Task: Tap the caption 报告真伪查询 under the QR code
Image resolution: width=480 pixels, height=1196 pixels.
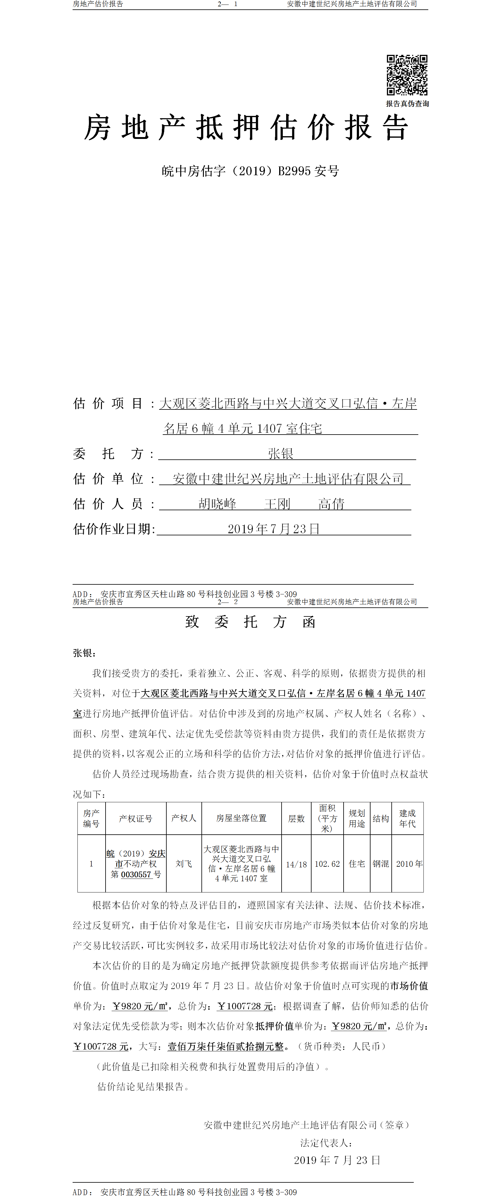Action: (407, 103)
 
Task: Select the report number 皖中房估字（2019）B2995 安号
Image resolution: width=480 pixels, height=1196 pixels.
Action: (250, 171)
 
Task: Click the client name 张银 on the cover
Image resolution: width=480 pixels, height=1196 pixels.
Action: (280, 454)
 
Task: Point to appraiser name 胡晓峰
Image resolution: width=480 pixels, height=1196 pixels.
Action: (217, 504)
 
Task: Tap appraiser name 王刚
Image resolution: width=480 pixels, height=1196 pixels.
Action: (277, 504)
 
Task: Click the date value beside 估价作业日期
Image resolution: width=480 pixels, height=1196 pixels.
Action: (273, 529)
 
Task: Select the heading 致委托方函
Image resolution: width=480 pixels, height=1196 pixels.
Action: (250, 622)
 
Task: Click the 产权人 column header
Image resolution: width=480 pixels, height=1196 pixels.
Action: (184, 818)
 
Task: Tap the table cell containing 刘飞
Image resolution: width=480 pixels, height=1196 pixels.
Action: (184, 864)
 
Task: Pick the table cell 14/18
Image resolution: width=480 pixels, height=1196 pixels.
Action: (296, 864)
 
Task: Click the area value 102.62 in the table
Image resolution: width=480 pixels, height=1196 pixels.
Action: (327, 864)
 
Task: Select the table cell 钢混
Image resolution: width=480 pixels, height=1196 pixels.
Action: (381, 864)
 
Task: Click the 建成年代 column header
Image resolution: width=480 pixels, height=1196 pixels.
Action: (408, 818)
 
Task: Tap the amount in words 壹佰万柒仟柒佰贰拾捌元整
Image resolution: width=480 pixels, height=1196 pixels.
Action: (226, 1046)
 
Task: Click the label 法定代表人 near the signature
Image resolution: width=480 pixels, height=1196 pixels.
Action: (326, 1143)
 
